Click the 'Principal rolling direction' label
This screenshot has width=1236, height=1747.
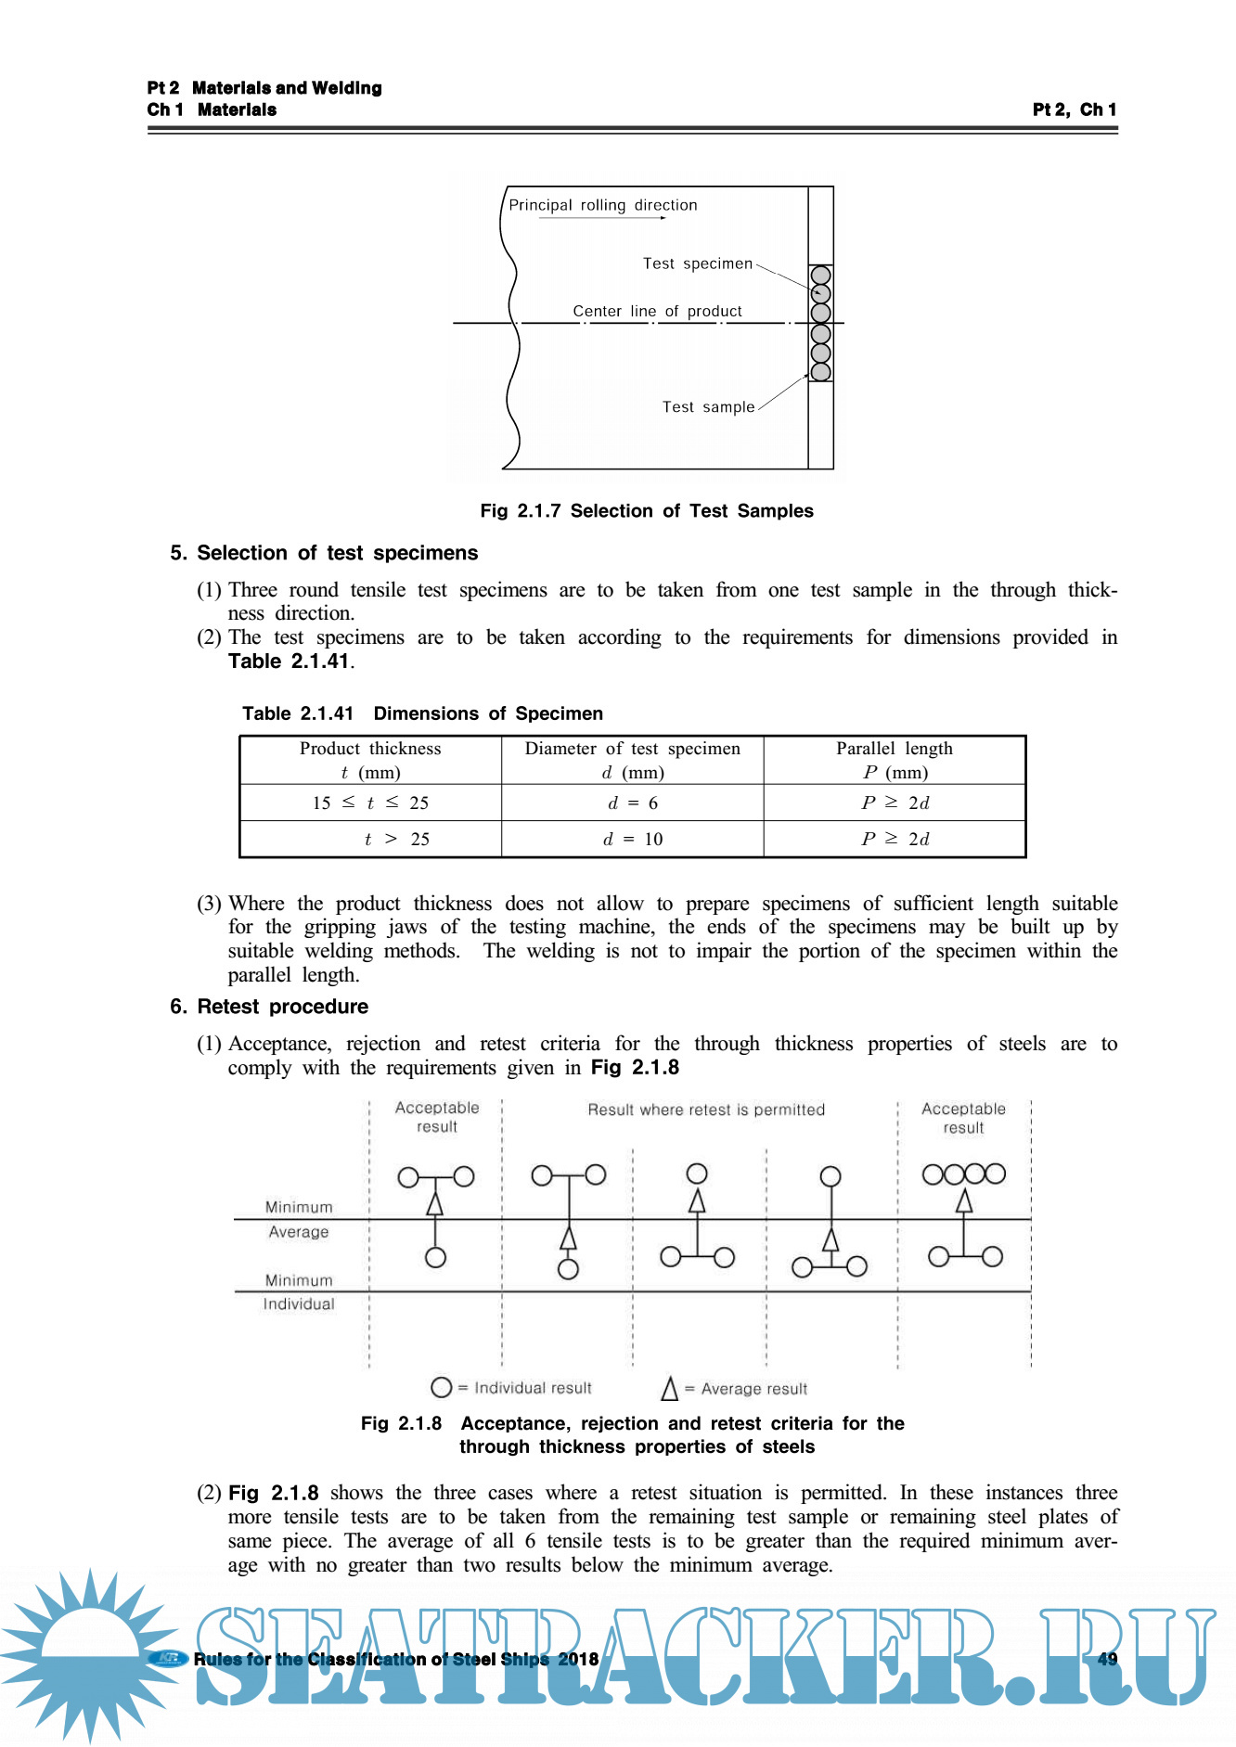tap(602, 205)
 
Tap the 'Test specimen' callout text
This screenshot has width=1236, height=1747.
tap(697, 263)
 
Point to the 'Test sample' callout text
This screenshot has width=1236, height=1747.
tap(708, 406)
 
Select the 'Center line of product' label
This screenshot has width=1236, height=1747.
tap(657, 311)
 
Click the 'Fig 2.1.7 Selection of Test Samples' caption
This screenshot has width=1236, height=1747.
tap(646, 510)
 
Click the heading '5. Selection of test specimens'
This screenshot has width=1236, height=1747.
tap(324, 553)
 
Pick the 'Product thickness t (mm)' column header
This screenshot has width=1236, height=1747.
tap(370, 760)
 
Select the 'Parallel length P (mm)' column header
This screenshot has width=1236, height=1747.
tap(895, 760)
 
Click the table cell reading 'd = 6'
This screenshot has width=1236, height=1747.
tap(633, 803)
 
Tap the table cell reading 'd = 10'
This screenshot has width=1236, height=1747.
tap(633, 839)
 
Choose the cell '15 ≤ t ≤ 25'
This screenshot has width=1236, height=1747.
tap(370, 803)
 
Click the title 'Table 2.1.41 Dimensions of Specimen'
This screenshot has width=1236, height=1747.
tap(422, 713)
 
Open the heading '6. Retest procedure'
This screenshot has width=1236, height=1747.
tap(269, 1007)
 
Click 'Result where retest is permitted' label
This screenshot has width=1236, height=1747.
tap(706, 1110)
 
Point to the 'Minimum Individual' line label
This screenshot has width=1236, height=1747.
tap(299, 1291)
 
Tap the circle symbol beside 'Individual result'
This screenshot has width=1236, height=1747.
tap(442, 1387)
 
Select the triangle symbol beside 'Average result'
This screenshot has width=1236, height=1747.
tap(669, 1389)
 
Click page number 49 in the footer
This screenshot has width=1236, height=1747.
tap(1107, 1659)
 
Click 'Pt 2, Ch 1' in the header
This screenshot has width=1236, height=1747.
tap(1075, 109)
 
